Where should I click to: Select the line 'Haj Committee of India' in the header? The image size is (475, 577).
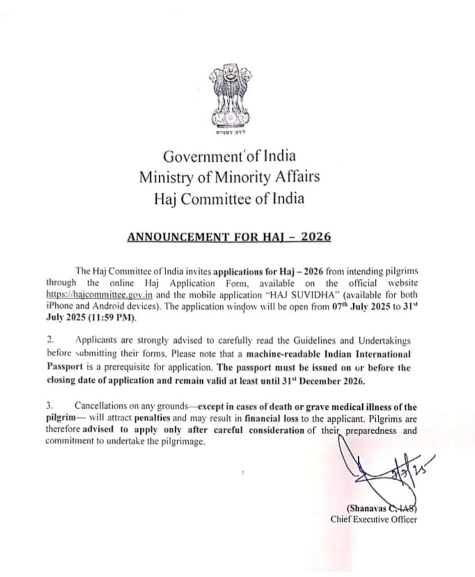pyautogui.click(x=229, y=198)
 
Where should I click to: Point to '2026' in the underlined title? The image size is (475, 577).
pyautogui.click(x=315, y=237)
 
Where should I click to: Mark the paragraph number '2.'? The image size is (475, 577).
pyautogui.click(x=50, y=339)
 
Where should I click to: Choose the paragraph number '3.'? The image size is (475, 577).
pyautogui.click(x=50, y=407)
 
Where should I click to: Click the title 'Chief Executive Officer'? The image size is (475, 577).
pyautogui.click(x=374, y=519)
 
